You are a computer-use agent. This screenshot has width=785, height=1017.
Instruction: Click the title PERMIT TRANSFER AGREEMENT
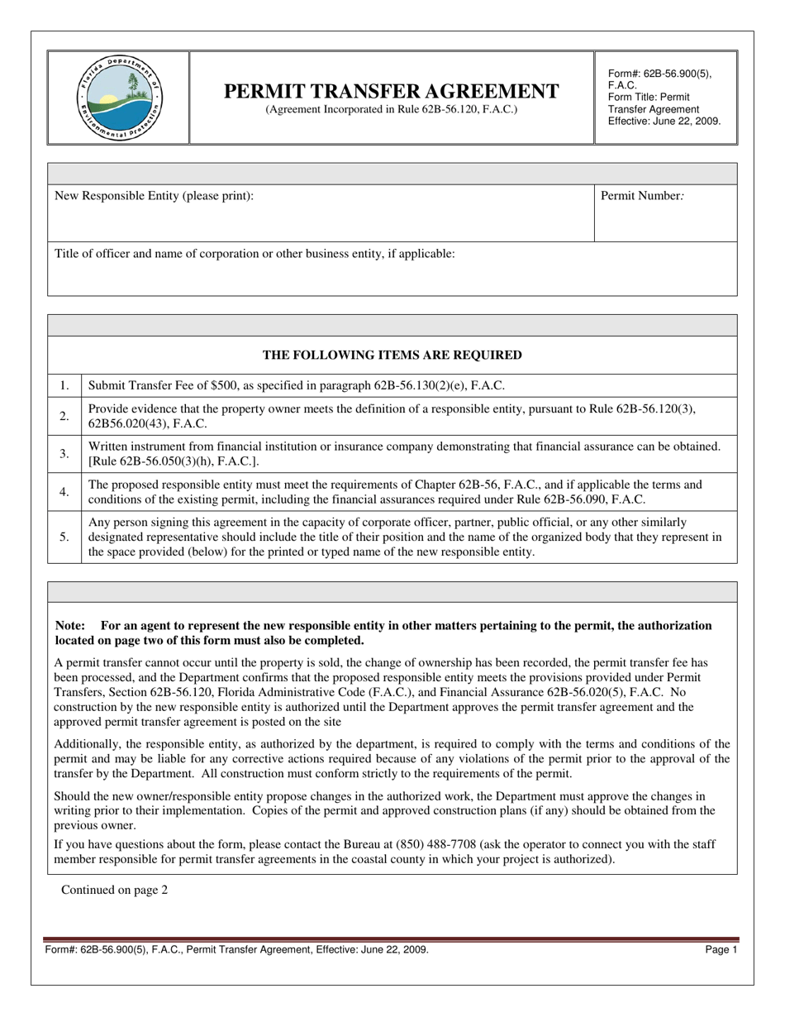[391, 91]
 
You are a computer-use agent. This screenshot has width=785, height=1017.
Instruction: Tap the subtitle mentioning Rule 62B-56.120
[391, 109]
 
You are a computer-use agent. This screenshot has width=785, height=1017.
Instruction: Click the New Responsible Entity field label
[154, 196]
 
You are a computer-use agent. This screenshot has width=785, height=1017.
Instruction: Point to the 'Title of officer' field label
[255, 254]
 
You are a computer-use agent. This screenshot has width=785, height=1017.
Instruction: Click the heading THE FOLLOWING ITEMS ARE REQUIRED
[392, 356]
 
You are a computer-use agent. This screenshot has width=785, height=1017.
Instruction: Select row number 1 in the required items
[64, 385]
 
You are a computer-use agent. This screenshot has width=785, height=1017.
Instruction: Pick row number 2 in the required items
[64, 416]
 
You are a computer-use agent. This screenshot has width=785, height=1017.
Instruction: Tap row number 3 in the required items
[64, 454]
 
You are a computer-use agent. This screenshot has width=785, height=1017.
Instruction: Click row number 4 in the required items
[64, 492]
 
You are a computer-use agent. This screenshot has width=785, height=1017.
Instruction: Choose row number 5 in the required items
[64, 537]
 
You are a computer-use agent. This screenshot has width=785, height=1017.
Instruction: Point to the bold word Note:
[70, 626]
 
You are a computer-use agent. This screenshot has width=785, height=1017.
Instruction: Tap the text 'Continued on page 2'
[114, 890]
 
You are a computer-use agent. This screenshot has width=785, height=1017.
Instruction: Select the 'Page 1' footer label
[721, 951]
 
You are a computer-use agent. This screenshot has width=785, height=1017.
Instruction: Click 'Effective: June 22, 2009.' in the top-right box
[664, 121]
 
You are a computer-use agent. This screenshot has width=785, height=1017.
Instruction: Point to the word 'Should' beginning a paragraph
[72, 796]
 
